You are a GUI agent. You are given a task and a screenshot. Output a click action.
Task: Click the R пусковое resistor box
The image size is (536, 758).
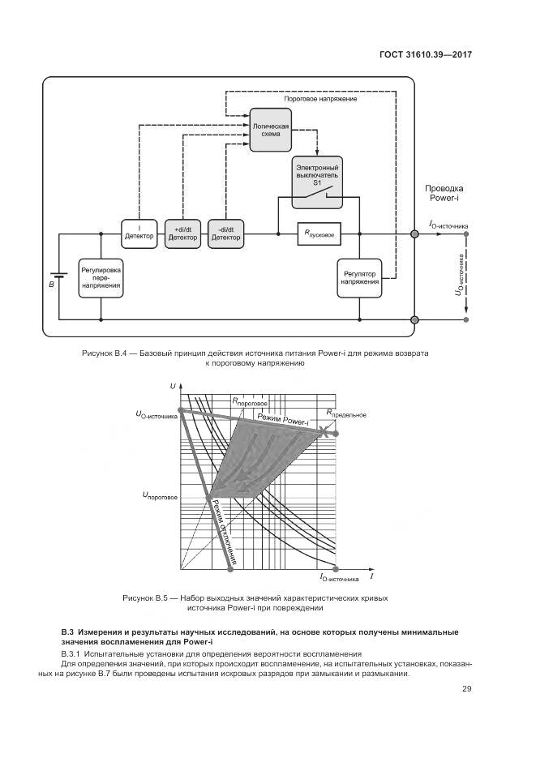(319, 233)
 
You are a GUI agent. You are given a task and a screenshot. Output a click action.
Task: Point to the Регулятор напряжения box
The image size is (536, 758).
(358, 276)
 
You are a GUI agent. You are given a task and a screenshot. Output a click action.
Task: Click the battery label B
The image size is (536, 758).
(51, 285)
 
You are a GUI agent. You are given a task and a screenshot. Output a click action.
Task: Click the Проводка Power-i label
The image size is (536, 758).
(444, 193)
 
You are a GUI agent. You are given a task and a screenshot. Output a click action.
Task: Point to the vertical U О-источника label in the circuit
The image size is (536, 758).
(460, 275)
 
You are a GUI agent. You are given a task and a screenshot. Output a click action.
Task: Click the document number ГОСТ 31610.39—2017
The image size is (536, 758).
(426, 55)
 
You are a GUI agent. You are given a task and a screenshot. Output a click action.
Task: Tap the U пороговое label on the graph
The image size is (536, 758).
(160, 494)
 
